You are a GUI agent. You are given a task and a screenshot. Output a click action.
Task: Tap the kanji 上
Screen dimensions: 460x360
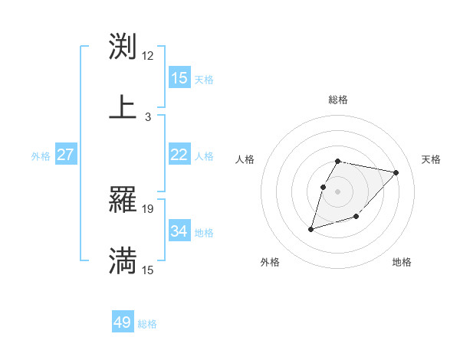click(x=123, y=106)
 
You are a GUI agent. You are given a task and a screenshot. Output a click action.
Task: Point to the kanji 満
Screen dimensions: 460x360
click(x=123, y=260)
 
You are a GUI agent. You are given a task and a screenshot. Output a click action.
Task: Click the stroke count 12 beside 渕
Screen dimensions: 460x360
click(x=148, y=56)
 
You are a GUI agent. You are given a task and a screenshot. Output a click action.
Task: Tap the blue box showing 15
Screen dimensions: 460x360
click(x=179, y=78)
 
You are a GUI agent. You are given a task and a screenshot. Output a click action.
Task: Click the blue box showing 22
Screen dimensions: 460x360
click(x=179, y=155)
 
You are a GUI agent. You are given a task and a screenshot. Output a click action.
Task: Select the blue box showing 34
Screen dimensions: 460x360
click(x=179, y=231)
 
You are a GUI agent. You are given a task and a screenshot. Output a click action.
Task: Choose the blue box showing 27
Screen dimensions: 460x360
click(x=66, y=155)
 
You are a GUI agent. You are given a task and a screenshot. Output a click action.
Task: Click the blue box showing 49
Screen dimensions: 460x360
click(x=123, y=322)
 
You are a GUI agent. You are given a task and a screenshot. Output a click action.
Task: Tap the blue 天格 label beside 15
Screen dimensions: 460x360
click(x=204, y=79)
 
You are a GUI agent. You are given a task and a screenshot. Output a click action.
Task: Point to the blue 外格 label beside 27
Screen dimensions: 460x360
click(x=41, y=155)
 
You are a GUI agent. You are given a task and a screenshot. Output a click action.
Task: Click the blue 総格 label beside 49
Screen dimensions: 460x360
click(x=147, y=324)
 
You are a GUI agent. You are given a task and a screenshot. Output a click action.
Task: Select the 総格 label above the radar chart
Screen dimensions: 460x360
click(x=338, y=100)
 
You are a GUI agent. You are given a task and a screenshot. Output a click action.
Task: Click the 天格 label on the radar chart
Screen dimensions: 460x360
click(x=432, y=159)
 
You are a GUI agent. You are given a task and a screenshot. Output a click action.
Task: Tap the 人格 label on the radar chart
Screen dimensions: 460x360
click(x=245, y=159)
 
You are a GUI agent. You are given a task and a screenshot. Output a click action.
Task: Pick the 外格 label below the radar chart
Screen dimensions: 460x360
click(x=270, y=262)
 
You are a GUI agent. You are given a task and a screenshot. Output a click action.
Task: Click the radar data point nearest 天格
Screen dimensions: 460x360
click(x=396, y=172)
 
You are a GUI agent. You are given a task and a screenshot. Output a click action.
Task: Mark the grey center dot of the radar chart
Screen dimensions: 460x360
click(x=338, y=191)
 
